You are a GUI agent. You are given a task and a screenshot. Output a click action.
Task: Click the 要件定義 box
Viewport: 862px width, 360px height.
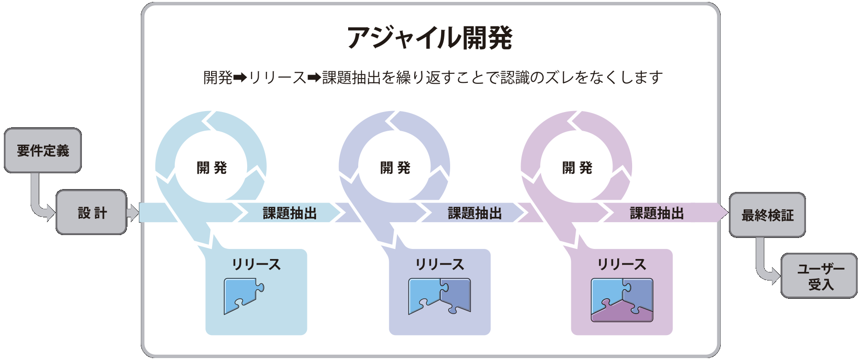coord(43,150)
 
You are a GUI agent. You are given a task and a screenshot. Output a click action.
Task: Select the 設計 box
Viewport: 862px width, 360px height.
coord(91,213)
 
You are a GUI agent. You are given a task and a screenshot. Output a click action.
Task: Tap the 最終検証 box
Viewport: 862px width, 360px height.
coord(767,215)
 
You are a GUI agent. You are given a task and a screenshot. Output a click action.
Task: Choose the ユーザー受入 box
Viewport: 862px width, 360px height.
coord(819,276)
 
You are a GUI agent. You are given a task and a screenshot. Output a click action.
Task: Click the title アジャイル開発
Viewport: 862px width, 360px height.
coord(430,38)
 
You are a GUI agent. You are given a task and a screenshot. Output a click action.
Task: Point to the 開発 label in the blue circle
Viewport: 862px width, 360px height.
coord(211,168)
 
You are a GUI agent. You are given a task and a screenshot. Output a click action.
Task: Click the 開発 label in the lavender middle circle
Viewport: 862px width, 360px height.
coord(395,168)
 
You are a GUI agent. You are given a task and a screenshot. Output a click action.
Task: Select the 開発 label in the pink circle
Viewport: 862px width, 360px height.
coord(577,168)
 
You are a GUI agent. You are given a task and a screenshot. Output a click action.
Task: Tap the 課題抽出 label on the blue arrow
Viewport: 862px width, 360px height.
coord(290,213)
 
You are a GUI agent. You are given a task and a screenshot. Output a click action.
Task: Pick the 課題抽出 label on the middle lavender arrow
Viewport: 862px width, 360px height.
coord(475,213)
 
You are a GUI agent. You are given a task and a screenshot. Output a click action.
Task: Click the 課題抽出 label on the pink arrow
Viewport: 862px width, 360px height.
coord(657,213)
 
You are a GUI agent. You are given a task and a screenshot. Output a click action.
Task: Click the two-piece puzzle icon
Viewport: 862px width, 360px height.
coord(439,296)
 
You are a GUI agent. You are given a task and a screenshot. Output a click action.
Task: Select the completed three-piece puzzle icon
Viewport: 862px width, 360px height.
coord(622,300)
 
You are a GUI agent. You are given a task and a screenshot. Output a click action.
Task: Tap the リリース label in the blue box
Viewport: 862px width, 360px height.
coord(256,264)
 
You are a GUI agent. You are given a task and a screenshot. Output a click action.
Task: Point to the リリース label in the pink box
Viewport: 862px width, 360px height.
coord(622,264)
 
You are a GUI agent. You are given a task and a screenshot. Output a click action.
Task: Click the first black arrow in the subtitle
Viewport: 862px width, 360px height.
coord(240,77)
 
